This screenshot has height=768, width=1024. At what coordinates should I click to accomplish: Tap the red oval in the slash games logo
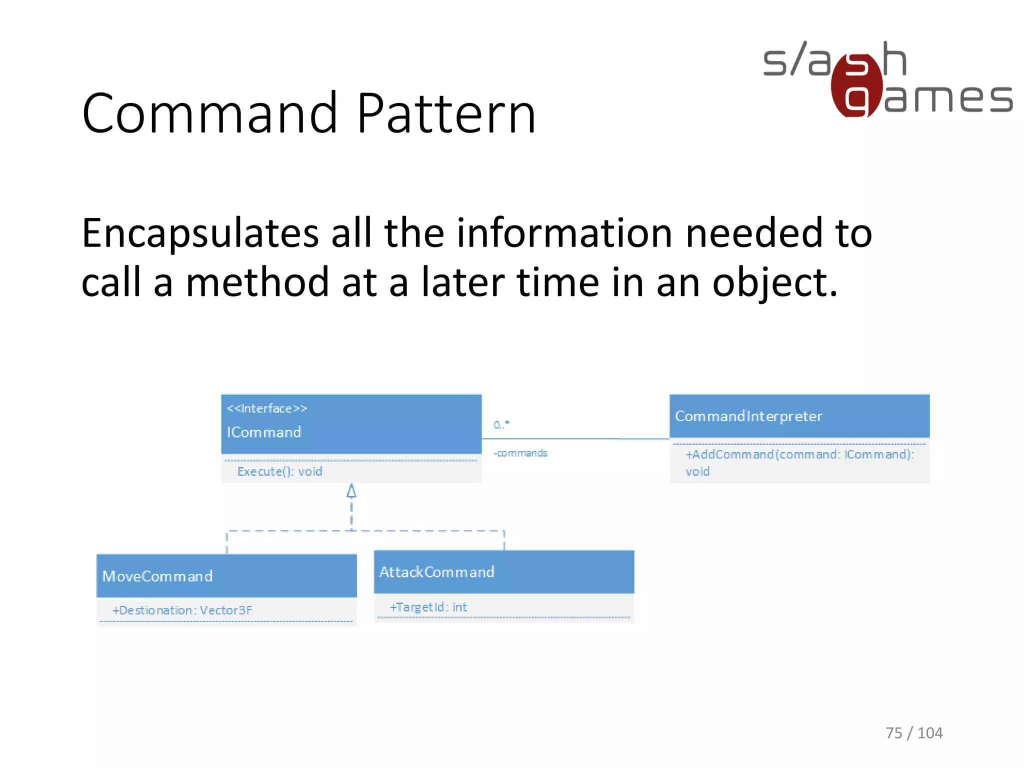[x=856, y=86]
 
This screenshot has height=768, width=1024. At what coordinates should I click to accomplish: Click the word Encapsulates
[x=200, y=234]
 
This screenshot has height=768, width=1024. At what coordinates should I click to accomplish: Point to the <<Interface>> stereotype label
[x=267, y=408]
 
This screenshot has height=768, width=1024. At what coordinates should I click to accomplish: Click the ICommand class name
[x=264, y=432]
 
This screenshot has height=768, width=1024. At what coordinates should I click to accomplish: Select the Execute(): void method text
[x=279, y=471]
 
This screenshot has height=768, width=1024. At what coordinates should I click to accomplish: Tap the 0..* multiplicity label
[x=501, y=424]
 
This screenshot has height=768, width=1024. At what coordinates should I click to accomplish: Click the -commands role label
[x=520, y=453]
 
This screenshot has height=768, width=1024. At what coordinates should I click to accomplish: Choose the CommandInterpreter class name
[x=748, y=416]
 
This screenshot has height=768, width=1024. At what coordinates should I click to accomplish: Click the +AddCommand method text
[x=799, y=454]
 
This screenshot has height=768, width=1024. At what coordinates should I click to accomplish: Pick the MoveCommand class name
[x=157, y=576]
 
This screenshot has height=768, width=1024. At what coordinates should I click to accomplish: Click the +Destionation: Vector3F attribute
[x=182, y=610]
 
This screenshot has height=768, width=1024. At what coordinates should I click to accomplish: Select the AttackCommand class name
[x=436, y=572]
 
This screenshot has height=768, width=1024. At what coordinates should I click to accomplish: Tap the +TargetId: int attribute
[x=428, y=607]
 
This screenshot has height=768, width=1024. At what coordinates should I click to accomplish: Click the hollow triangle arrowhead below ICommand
[x=351, y=491]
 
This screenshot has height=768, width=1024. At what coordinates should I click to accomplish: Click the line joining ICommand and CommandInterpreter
[x=575, y=439]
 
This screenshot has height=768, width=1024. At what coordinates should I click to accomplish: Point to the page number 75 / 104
[x=913, y=732]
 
